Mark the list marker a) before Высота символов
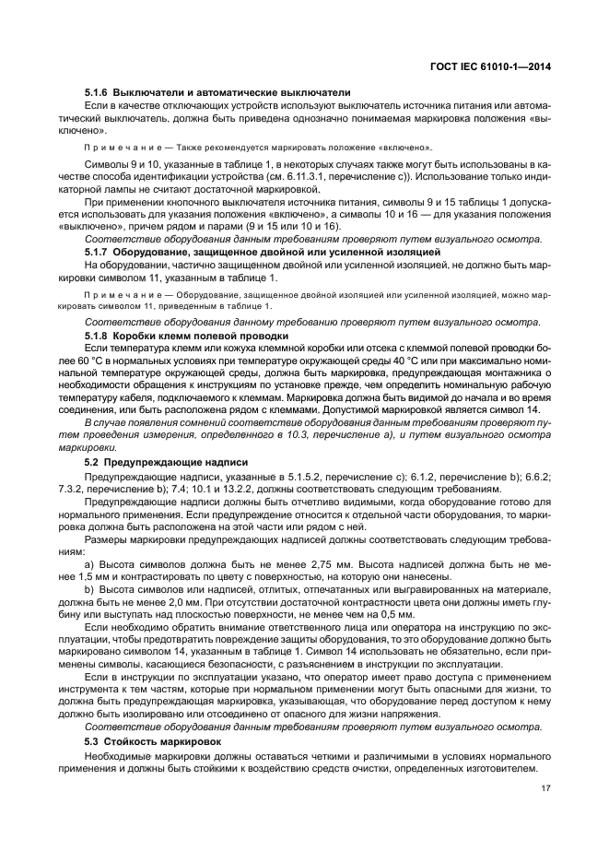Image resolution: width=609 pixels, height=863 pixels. click(89, 562)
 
